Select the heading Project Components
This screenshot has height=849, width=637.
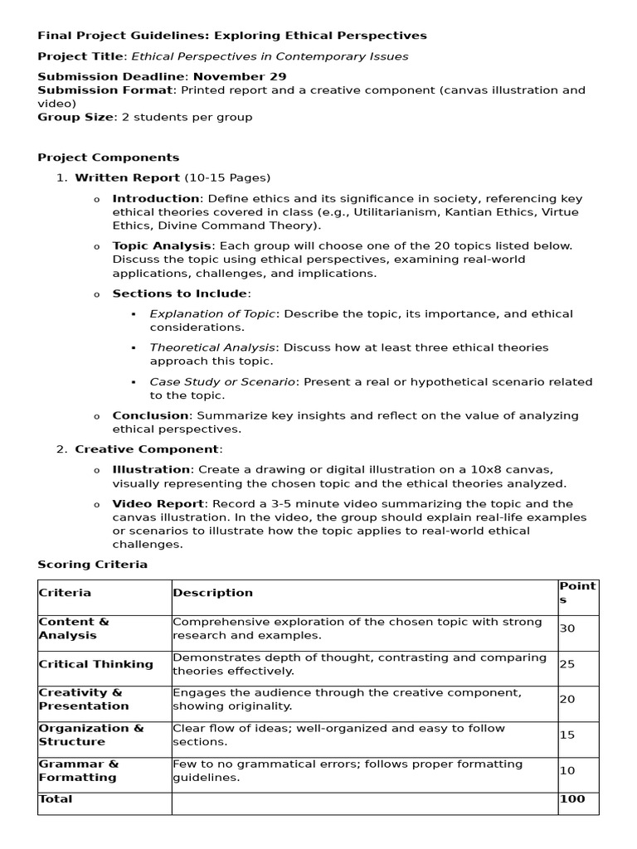(x=108, y=157)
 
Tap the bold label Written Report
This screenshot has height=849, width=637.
(x=127, y=177)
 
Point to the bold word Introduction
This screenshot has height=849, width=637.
(x=156, y=198)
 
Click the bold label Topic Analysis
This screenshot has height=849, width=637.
(x=162, y=245)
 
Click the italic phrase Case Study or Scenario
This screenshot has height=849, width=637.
(x=222, y=381)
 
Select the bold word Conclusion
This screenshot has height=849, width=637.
(x=150, y=415)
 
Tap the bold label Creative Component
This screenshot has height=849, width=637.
(x=147, y=449)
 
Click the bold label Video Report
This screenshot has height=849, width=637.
(x=158, y=503)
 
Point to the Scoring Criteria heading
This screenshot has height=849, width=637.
(x=92, y=564)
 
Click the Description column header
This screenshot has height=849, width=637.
(x=212, y=593)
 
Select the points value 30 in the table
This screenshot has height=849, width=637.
(x=566, y=628)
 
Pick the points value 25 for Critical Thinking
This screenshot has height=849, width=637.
(x=566, y=664)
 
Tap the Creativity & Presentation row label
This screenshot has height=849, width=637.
(x=83, y=699)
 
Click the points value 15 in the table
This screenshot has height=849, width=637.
(x=566, y=735)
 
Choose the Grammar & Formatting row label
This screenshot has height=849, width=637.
(x=78, y=770)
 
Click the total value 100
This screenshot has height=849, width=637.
(x=571, y=799)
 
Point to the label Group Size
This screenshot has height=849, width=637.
(x=74, y=117)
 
